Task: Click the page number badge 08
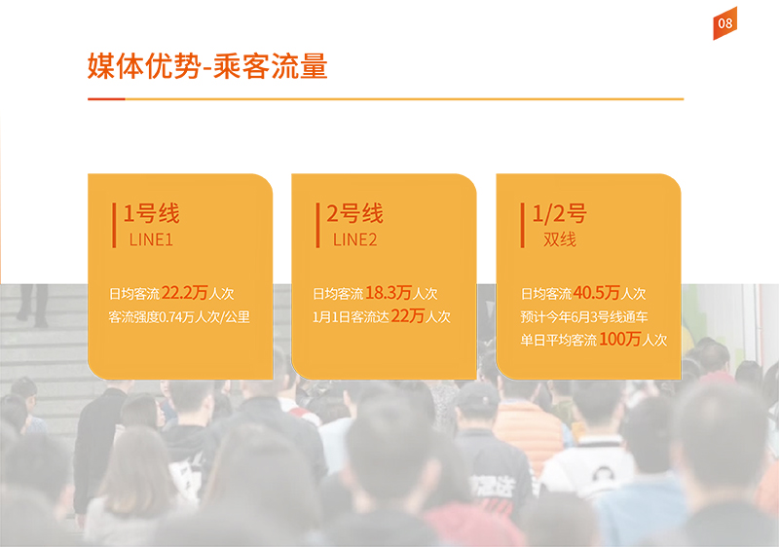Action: [x=724, y=23]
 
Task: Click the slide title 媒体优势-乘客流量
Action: [x=207, y=66]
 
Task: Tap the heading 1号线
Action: [x=151, y=213]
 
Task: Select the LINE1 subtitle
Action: [x=151, y=240]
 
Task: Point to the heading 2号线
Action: [x=354, y=213]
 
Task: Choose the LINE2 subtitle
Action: [x=354, y=240]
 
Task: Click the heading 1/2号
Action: [x=559, y=213]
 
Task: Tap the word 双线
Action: [x=560, y=239]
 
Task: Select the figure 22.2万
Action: [x=184, y=293]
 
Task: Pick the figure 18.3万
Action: [x=389, y=293]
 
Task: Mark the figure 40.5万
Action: [x=597, y=293]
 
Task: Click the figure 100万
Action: [x=620, y=339]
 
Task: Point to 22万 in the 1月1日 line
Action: [x=408, y=315]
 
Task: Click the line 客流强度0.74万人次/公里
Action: [x=179, y=316]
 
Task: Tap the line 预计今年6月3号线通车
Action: [x=584, y=316]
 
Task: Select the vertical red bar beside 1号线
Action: [x=114, y=225]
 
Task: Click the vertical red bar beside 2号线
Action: [x=318, y=225]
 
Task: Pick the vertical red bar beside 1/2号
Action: [x=523, y=225]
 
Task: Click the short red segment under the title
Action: [x=106, y=98]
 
